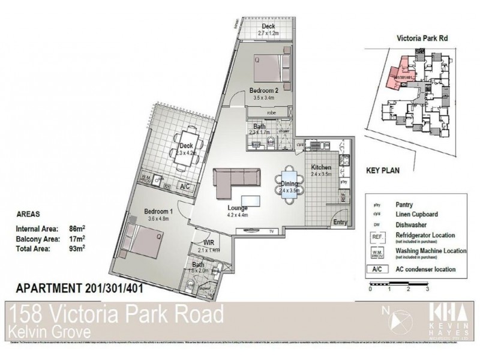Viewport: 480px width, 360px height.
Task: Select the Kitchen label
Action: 321,167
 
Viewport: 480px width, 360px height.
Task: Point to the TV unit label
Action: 272,230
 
